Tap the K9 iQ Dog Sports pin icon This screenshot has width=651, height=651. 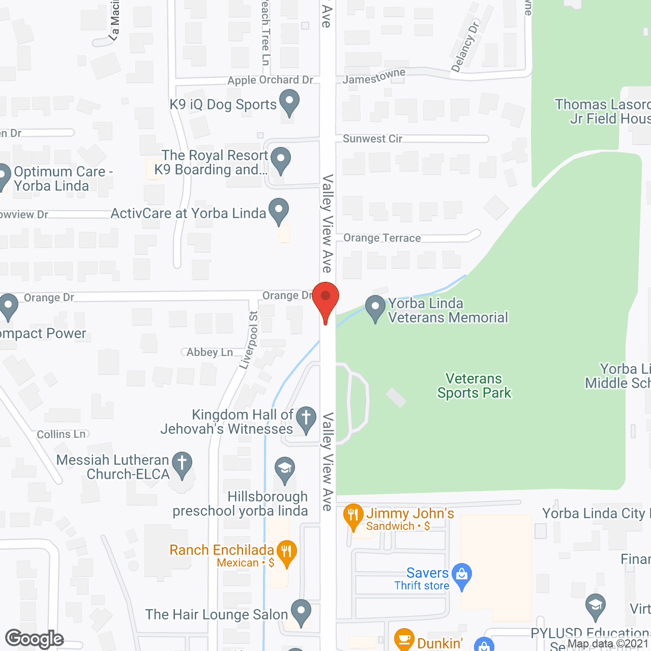point(289,102)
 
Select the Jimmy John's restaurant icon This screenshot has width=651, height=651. point(353,516)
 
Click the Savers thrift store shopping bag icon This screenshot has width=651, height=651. point(462,575)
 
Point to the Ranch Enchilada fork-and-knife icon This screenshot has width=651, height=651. point(286,552)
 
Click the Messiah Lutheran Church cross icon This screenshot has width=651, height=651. point(182,464)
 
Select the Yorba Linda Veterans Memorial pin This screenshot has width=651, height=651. point(375,308)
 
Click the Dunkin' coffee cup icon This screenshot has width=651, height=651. point(404,639)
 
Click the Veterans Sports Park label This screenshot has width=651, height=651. point(474,386)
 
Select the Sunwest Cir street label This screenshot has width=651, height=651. point(372,139)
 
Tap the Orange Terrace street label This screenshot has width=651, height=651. point(382,238)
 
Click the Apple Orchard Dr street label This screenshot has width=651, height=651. point(270,80)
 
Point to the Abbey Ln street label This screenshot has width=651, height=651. point(210,352)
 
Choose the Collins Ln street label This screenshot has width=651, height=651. point(62,434)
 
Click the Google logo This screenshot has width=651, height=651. point(35,638)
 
